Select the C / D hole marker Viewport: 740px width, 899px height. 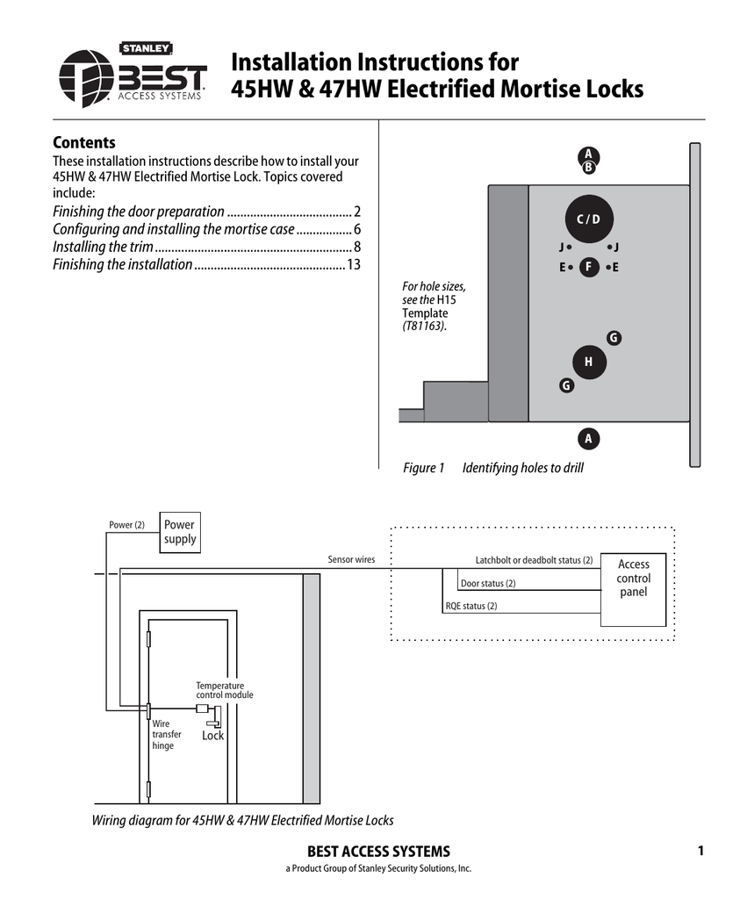[588, 219]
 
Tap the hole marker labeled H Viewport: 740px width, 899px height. [588, 362]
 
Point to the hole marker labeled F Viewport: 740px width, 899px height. [589, 267]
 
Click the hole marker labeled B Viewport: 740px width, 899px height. [589, 168]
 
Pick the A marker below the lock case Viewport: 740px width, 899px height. [588, 438]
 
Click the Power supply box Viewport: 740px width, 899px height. [180, 532]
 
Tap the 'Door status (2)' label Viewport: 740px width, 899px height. [488, 584]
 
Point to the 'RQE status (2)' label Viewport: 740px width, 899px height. [471, 606]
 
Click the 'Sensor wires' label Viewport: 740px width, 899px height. [351, 559]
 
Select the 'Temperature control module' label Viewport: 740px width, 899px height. [224, 690]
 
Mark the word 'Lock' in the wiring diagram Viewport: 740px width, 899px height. [213, 736]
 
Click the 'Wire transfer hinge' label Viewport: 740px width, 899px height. [167, 735]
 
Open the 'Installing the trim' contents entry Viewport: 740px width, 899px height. [104, 247]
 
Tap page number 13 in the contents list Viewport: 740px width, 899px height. [354, 264]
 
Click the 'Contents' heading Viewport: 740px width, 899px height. [84, 142]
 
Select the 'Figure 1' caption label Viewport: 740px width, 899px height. [424, 468]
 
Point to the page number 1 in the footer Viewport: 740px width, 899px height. [700, 851]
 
